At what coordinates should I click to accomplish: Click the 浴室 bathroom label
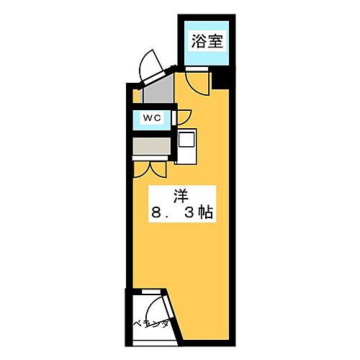coord(207,41)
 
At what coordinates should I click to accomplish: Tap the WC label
coord(151,117)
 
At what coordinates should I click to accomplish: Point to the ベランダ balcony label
coord(150,324)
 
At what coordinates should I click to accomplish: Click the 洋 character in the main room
coord(181,194)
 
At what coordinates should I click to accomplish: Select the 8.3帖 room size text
coord(181,214)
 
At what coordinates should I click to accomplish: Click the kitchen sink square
coord(187,138)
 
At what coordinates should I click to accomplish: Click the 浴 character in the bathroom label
coord(198,41)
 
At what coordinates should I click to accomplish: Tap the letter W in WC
coord(147,117)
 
